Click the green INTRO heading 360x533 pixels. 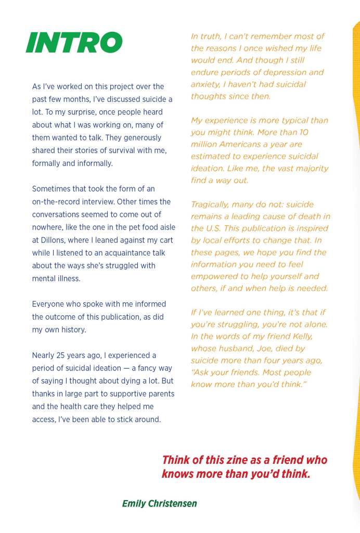pyautogui.click(x=74, y=43)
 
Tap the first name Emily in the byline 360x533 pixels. pyautogui.click(x=134, y=503)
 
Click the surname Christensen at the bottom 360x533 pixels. pyautogui.click(x=173, y=503)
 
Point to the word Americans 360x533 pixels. pyautogui.click(x=245, y=144)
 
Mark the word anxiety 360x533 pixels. pyautogui.click(x=207, y=84)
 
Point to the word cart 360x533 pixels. pyautogui.click(x=165, y=240)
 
